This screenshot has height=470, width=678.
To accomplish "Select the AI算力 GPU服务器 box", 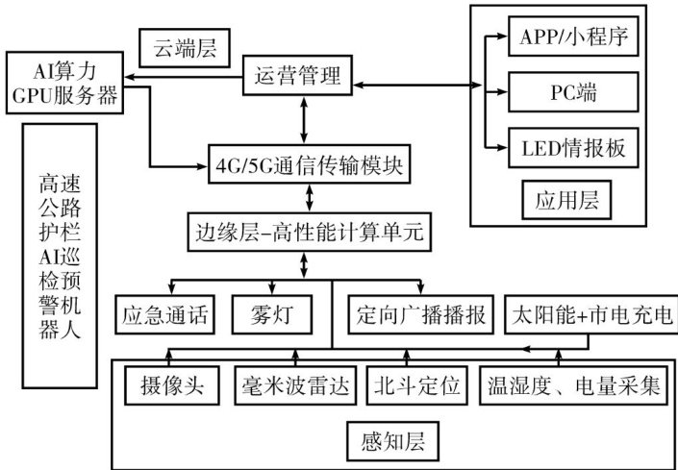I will coord(64,83).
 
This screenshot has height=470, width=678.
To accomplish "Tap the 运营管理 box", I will coord(297,74).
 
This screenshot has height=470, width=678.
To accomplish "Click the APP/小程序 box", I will coord(574,38).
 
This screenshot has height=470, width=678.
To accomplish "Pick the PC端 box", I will coord(574,93).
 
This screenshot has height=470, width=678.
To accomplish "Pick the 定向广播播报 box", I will coord(420,313).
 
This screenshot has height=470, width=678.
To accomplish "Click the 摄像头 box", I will coord(172,386).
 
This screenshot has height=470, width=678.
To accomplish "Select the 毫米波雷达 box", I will coord(295,386).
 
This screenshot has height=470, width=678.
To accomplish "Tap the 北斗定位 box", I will coord(419,386).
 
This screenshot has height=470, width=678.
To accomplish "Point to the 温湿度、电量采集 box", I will coord(575,386).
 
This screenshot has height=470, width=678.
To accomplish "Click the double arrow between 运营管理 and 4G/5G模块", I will coord(306,118).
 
